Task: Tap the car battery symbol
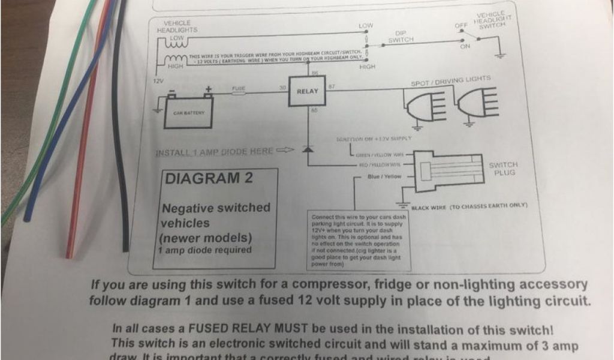pyautogui.click(x=189, y=111)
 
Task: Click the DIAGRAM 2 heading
pyautogui.click(x=209, y=178)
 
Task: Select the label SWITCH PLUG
pyautogui.click(x=502, y=169)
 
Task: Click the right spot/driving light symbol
pyautogui.click(x=477, y=106)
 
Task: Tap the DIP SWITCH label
pyautogui.click(x=401, y=37)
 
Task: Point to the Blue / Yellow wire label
pyautogui.click(x=384, y=176)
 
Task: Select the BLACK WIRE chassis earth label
pyautogui.click(x=469, y=206)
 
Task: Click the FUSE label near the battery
pyautogui.click(x=239, y=88)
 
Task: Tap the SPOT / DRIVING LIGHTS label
pyautogui.click(x=450, y=79)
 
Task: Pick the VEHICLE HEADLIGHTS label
pyautogui.click(x=177, y=26)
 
